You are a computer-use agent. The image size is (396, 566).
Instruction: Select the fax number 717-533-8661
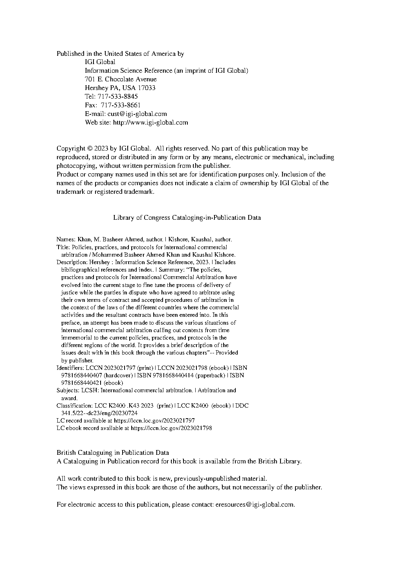pos(121,105)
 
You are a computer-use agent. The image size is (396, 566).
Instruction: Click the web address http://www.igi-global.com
pos(150,122)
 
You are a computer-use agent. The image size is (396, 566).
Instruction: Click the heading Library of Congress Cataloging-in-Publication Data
pos(187,217)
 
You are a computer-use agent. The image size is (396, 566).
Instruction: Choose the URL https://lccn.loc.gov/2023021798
pos(171,428)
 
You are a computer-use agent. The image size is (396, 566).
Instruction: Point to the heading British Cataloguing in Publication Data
pos(113,453)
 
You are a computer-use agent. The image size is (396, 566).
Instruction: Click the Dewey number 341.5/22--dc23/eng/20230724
pos(99,413)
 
